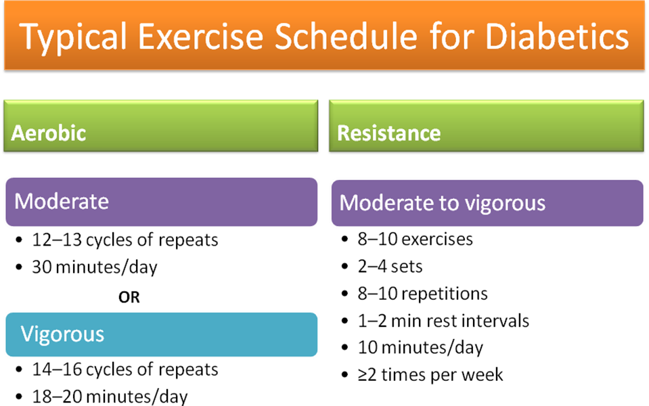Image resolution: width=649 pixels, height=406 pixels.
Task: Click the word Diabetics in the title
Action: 557,37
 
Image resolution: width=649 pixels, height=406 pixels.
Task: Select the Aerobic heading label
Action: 49,133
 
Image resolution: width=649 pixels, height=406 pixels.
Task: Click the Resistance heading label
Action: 388,133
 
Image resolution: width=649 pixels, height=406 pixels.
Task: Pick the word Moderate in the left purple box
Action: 62,202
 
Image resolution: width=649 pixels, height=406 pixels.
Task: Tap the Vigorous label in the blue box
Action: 62,334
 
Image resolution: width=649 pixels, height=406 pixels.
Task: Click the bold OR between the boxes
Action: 129,297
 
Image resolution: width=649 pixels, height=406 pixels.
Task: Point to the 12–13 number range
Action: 57,240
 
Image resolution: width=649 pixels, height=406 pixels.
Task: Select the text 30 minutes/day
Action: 95,267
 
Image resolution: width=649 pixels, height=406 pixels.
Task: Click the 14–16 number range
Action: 57,369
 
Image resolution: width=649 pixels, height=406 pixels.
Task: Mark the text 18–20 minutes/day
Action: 110,397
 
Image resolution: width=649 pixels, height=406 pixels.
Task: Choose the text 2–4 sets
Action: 390,267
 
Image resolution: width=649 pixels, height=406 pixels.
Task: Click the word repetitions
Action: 445,294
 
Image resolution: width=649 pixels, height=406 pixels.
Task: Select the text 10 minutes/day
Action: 420,348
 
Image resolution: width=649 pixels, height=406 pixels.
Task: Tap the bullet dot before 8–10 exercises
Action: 344,240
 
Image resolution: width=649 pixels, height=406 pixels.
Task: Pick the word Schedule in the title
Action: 346,37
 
